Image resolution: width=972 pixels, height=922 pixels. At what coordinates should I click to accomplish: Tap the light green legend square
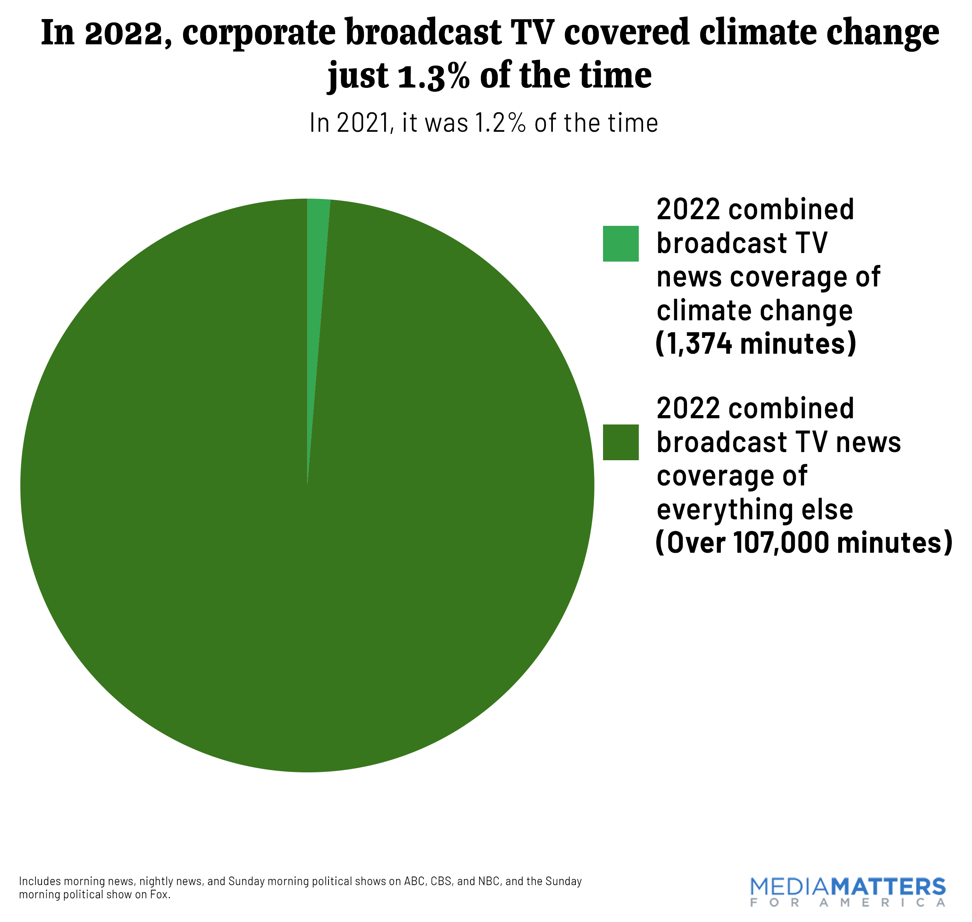621,243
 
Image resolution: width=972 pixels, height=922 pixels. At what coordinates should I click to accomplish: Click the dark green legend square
621,442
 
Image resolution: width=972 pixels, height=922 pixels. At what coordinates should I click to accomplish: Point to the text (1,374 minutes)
756,344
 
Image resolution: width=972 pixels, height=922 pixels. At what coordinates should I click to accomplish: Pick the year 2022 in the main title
128,33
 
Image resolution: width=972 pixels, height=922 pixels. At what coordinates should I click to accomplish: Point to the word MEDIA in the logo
790,887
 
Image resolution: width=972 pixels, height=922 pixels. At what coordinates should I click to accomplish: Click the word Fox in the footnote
159,894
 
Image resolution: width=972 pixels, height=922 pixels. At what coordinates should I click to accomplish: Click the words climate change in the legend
754,311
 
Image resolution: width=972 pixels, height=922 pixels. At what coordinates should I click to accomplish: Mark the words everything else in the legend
754,510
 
